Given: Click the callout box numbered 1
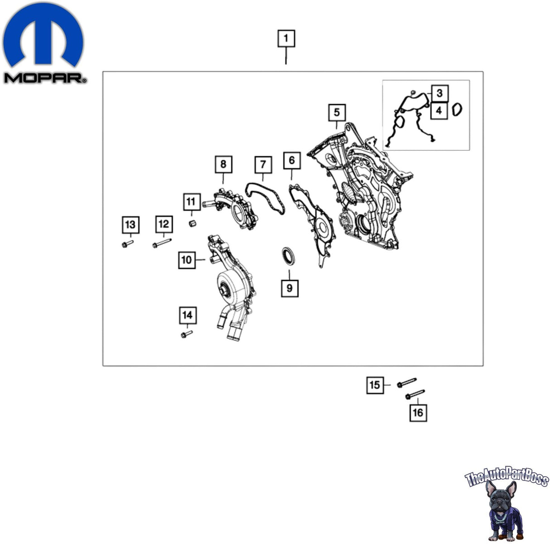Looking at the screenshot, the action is pos(286,38).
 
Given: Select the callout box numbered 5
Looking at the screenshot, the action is pos(337,112).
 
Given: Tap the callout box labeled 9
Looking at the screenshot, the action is pos(289,288).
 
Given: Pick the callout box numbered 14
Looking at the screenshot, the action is pos(188,315).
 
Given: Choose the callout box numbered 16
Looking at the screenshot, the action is pos(418,413).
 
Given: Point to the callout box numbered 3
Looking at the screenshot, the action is pos(439,93).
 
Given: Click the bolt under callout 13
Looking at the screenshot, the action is pos(127,244).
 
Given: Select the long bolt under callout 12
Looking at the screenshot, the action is pos(162,243).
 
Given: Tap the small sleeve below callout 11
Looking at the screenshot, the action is pos(193,223).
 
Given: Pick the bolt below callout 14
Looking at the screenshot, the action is pos(187,334).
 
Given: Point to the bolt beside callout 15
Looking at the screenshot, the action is pos(407,383).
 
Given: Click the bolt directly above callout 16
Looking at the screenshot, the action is pos(415,395).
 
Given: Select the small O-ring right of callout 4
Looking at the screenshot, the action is pos(457,110).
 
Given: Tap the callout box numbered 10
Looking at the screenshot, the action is pos(187,260).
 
